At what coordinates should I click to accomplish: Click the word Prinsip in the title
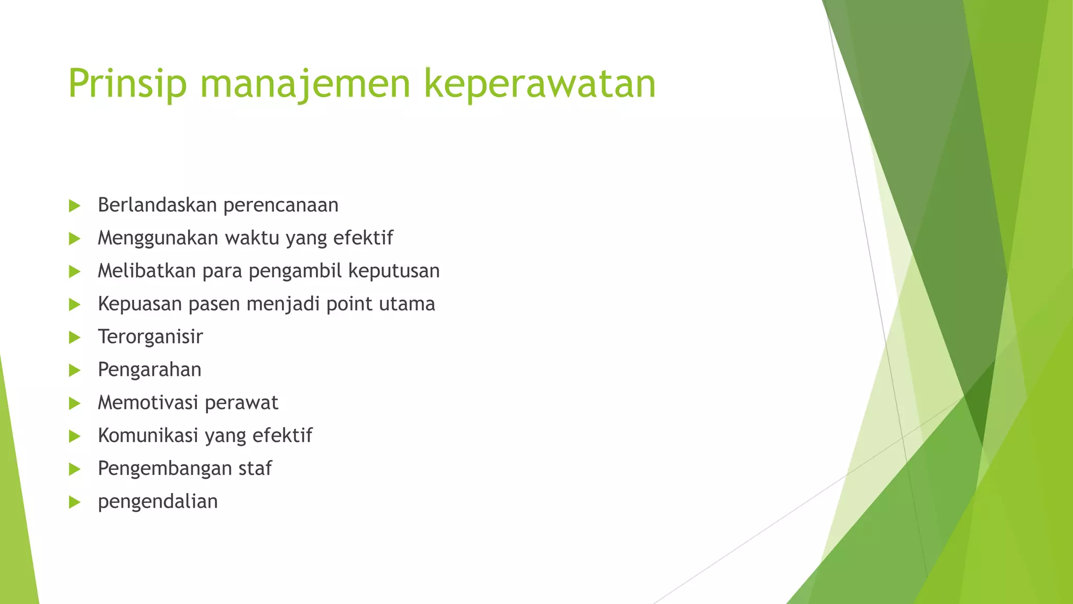(x=127, y=84)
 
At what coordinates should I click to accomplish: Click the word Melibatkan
(x=147, y=271)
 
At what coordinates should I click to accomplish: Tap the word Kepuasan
(x=139, y=304)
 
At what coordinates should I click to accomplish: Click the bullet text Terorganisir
(x=150, y=337)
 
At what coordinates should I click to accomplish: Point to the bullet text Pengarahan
(x=149, y=370)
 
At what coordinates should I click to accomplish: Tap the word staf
(x=255, y=468)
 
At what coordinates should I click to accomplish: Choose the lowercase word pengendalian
(x=158, y=502)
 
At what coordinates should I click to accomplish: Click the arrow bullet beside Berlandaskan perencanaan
(x=74, y=206)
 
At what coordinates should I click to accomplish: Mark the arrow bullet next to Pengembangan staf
(x=74, y=469)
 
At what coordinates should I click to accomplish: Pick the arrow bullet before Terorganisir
(x=74, y=338)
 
